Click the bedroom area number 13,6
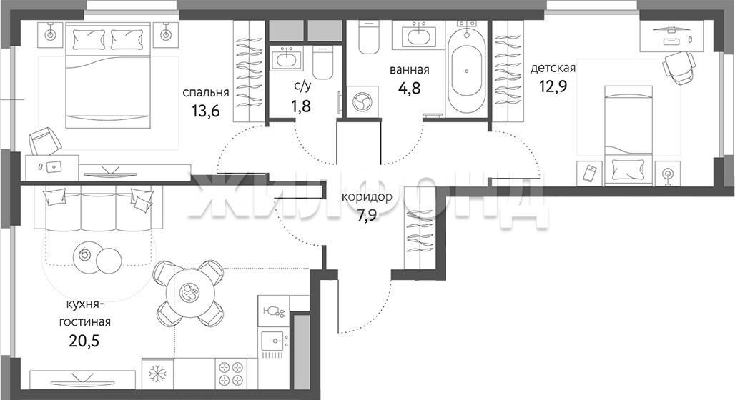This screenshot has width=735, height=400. [206, 111]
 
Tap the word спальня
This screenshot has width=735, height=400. [206, 92]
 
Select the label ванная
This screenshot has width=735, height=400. [409, 70]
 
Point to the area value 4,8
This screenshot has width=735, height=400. [409, 88]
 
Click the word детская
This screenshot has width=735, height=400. [553, 69]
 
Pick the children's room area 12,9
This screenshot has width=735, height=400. [551, 86]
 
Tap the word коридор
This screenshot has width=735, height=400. [367, 197]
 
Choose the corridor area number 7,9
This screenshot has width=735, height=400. [367, 216]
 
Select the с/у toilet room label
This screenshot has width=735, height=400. [302, 86]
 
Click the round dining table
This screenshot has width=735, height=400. [191, 293]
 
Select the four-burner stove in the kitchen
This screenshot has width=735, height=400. [232, 373]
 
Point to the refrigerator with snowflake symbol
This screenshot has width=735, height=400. [157, 373]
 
